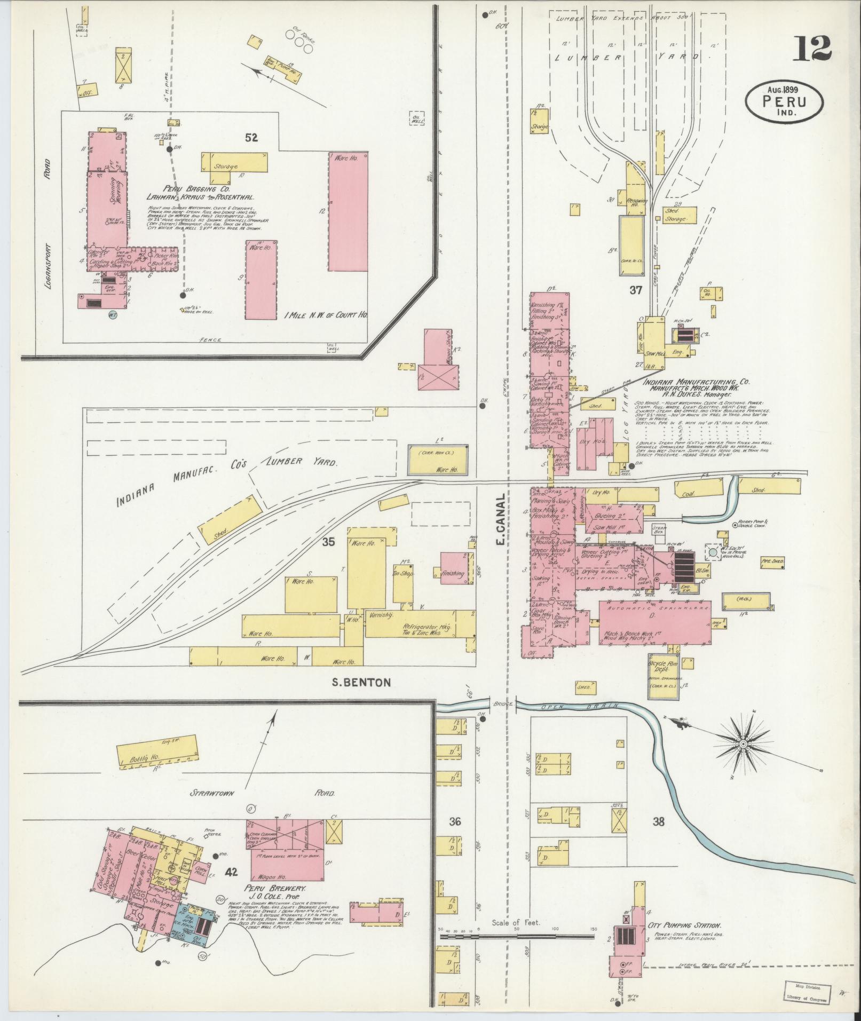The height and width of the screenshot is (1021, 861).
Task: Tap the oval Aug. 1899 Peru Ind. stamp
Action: point(784,101)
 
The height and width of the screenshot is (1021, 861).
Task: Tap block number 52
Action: point(251,138)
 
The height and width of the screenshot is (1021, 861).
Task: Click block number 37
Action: point(635,290)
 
